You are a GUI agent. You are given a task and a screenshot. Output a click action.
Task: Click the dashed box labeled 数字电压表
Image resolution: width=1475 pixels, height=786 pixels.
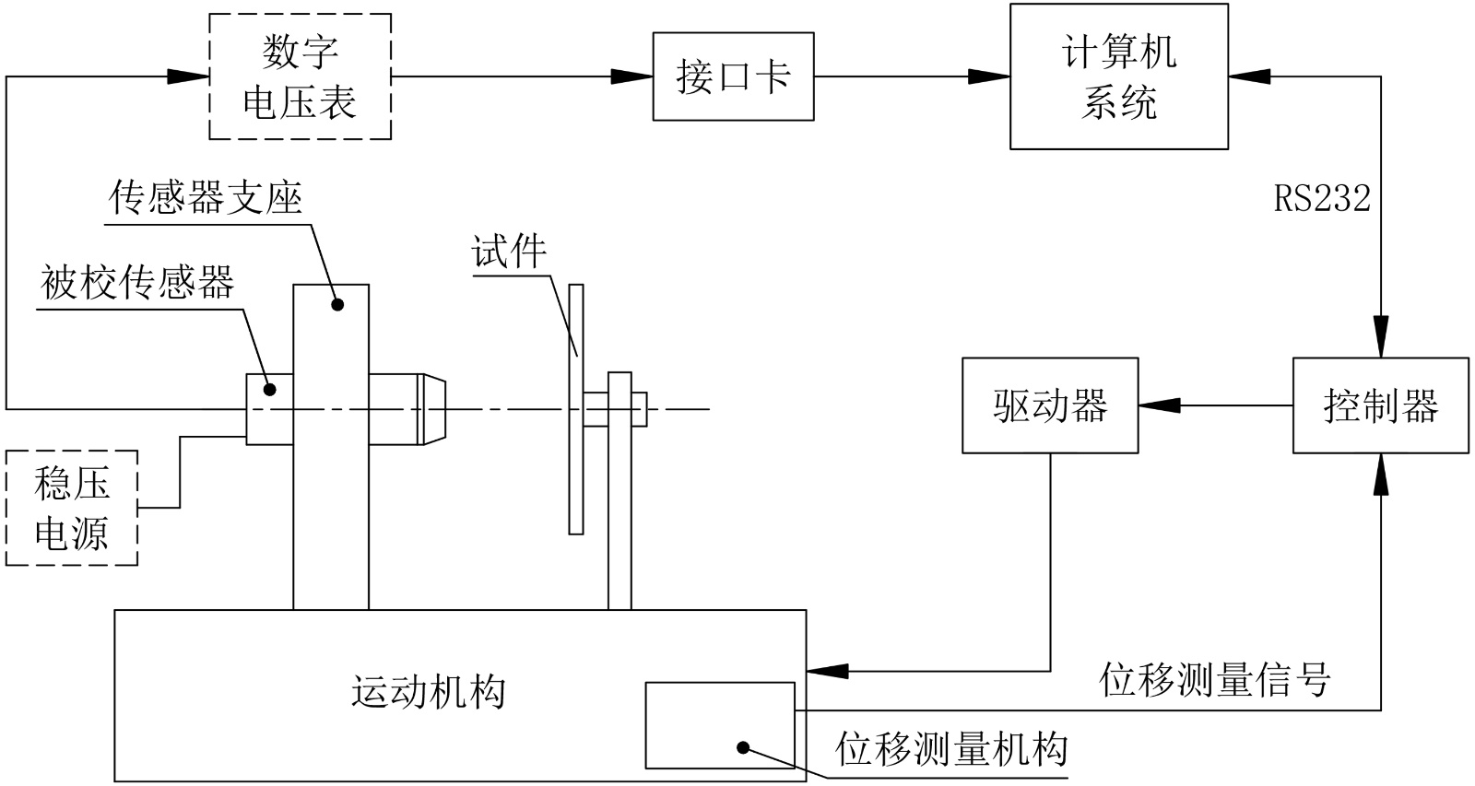coord(300,76)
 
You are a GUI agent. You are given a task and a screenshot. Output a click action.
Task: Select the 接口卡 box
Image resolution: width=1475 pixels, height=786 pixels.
coord(733,76)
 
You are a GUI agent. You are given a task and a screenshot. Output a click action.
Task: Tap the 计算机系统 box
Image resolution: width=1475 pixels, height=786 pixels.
coord(1118,76)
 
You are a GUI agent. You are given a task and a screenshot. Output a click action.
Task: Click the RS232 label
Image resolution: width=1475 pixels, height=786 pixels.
coord(1322,198)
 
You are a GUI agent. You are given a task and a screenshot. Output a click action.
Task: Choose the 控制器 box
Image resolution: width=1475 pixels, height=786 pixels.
coord(1380,405)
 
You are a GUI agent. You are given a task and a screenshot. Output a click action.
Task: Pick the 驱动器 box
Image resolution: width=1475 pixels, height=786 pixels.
coord(1050,405)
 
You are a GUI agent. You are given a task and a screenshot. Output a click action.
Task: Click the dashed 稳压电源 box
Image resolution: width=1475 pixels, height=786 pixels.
coord(72,508)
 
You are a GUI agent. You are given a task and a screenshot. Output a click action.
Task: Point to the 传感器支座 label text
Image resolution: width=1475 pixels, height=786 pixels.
coord(205,196)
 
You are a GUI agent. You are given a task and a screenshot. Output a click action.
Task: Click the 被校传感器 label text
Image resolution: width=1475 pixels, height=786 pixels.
coord(137,282)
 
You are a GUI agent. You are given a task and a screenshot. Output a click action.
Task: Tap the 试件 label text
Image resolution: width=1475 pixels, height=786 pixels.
coord(509,252)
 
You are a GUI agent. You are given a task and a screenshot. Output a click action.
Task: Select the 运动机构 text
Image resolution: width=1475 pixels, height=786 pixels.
coord(429,691)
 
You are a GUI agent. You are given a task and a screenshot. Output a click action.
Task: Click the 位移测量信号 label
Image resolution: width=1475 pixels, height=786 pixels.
coord(1215,680)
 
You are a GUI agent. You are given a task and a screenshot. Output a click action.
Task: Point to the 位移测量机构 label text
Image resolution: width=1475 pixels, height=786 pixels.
coord(951,749)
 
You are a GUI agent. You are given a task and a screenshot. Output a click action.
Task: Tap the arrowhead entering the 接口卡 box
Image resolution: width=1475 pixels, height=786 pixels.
coord(634,76)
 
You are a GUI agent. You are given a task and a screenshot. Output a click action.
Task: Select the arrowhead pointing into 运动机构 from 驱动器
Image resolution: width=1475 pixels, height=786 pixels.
coord(827,671)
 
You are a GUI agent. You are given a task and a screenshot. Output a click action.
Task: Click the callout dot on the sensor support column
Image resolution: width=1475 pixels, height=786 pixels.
coord(337,303)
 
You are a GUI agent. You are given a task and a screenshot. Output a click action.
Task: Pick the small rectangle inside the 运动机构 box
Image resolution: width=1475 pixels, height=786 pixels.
coord(719,725)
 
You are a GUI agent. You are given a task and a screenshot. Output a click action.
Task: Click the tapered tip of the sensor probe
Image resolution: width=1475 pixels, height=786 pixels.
coord(433,407)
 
